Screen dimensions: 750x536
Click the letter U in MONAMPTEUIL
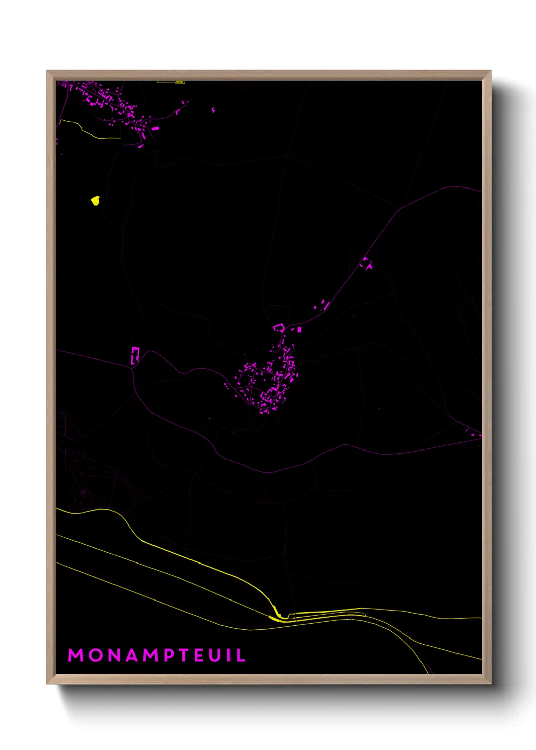coord(218,655)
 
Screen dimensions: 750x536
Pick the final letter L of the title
coord(242,655)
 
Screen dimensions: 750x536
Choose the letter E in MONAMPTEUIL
coord(202,655)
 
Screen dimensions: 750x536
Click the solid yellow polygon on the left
coord(95,201)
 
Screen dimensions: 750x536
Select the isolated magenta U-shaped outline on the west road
coord(135,355)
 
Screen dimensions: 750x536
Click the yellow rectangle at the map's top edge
coord(179,82)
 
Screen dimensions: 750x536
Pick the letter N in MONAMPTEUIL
coord(113,655)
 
